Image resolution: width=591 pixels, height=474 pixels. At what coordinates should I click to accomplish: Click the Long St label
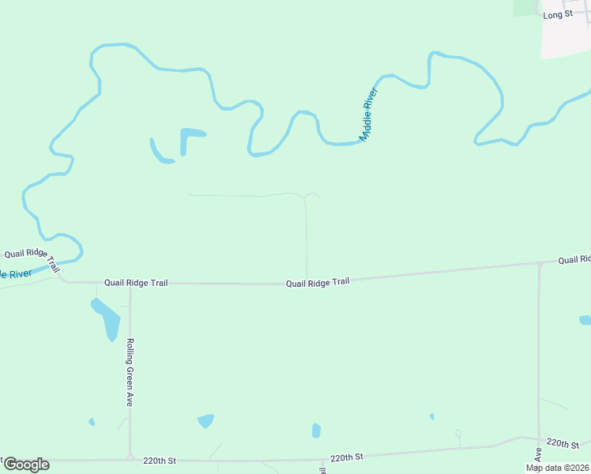(x=558, y=14)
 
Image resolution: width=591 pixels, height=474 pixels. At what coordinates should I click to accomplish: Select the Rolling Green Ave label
(x=129, y=372)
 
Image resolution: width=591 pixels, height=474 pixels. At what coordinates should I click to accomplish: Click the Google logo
(x=25, y=465)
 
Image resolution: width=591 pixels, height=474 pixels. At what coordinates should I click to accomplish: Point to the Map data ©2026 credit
(x=557, y=468)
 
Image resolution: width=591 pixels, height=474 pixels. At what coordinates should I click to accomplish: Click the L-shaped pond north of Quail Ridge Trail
(x=190, y=137)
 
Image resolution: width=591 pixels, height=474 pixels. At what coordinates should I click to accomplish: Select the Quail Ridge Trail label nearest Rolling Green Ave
(x=137, y=282)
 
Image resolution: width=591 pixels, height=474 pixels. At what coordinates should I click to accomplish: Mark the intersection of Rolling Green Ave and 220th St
(x=130, y=457)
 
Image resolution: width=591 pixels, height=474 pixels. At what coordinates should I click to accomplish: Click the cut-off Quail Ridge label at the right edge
(x=574, y=259)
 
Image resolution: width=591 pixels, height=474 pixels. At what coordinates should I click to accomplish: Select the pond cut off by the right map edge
(x=585, y=320)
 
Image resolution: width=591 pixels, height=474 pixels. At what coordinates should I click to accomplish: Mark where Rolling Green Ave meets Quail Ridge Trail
(x=130, y=283)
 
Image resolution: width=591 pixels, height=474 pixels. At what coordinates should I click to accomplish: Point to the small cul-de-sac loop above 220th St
(x=458, y=433)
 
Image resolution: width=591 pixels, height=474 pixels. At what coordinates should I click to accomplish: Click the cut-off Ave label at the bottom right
(x=536, y=455)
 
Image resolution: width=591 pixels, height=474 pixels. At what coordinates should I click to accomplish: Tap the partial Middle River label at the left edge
(x=16, y=274)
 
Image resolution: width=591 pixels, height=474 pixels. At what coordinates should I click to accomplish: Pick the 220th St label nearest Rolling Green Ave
(x=159, y=459)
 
